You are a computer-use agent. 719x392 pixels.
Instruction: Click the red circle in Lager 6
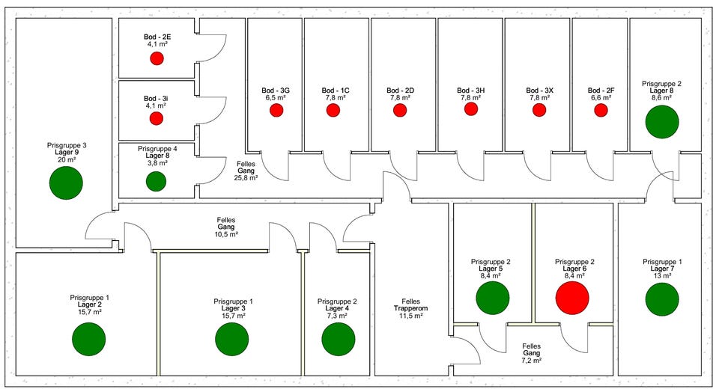coord(572,298)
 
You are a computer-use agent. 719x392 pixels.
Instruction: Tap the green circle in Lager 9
coord(66,183)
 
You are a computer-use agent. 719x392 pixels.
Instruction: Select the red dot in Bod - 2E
coord(157,58)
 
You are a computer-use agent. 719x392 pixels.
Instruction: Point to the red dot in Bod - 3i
coord(157,118)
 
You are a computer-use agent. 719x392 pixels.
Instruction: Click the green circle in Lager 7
coord(662,298)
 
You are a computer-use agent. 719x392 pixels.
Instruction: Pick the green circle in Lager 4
coord(338,339)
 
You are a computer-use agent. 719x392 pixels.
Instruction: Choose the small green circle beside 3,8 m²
coord(156,181)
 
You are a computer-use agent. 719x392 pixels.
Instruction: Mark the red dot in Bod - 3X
coord(539,111)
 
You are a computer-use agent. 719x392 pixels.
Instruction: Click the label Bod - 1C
coord(336,91)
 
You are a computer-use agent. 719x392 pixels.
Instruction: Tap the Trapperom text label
coord(410,308)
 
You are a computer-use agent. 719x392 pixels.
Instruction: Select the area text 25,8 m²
coord(247,178)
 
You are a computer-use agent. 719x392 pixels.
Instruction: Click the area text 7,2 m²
coord(536,361)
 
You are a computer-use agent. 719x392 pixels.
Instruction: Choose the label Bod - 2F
coord(601,91)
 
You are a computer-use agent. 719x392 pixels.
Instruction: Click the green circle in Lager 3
coord(231,339)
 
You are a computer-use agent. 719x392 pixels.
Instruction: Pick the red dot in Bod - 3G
coord(276,111)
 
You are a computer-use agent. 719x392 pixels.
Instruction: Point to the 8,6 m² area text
coord(662,97)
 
